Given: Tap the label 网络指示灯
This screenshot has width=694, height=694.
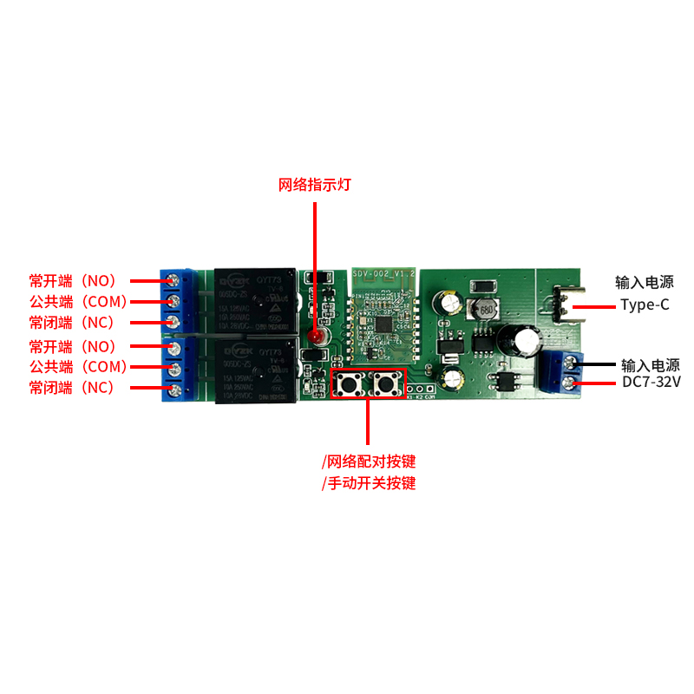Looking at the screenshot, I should coord(314,185).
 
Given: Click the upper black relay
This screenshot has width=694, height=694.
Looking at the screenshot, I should coord(254,300).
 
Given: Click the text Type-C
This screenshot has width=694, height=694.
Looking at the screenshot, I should coord(645,304).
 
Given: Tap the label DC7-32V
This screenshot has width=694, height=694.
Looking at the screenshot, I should coord(650,382).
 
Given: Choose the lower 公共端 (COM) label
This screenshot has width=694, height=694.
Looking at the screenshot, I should coord(79,366).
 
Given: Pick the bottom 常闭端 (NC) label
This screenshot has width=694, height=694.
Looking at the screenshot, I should coord(72,388).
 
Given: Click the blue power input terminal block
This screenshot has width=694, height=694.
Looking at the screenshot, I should coord(562,371).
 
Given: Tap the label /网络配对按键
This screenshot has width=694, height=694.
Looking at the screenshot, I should coord(369,461).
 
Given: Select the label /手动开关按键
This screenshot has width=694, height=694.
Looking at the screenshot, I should coord(369,483).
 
